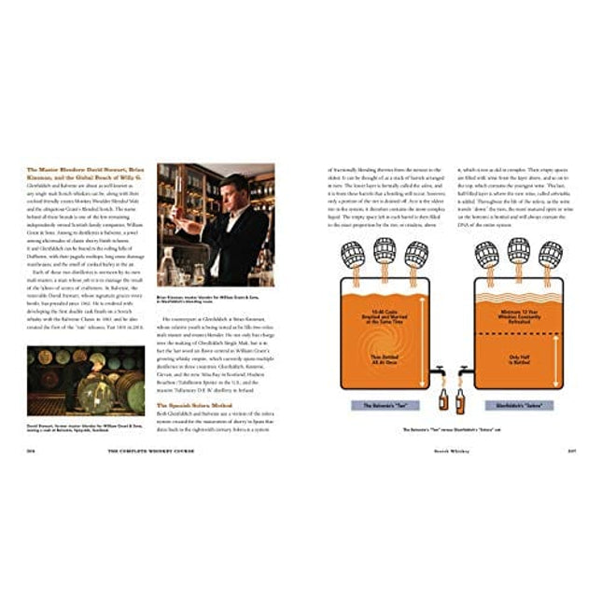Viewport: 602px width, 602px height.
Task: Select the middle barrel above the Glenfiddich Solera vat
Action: click(x=516, y=249)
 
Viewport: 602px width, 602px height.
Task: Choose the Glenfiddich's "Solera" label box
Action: click(x=516, y=405)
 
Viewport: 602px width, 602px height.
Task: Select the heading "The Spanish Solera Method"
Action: click(x=196, y=405)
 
